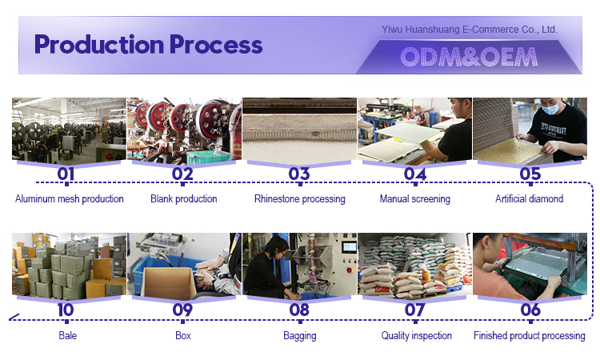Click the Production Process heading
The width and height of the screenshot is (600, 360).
148,45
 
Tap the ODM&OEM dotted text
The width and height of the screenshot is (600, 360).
469,57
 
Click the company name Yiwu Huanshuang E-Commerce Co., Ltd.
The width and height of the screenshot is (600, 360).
469,30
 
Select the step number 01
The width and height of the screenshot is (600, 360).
66,174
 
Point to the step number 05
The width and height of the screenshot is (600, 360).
530,174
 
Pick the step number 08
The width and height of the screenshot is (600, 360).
299,310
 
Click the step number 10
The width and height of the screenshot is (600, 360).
66,310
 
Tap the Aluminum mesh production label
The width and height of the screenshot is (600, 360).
70,199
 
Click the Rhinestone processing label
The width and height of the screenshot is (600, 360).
300,199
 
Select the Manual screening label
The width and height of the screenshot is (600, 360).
414,199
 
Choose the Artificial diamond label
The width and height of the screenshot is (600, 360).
530,199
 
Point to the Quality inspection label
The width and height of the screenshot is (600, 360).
416,335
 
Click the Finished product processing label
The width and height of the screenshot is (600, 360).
530,335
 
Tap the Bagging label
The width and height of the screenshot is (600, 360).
300,335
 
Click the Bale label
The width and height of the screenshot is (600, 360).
68,335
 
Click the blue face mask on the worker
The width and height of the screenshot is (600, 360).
550,109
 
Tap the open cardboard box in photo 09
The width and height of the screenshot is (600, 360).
168,282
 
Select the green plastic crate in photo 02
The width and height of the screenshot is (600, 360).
208,158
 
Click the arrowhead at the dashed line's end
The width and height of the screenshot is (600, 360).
14,318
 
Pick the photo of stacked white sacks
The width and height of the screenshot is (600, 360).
414,264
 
